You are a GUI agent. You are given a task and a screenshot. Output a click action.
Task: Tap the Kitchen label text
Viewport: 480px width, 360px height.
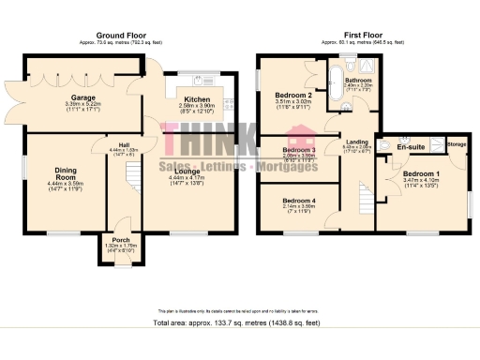pos(197,98)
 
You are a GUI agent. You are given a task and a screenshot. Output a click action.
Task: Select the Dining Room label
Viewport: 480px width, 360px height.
pos(65,173)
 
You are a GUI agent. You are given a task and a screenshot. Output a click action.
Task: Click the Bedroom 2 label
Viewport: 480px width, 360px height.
pos(293,95)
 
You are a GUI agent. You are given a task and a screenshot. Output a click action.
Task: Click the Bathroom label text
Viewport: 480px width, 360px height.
pos(359,80)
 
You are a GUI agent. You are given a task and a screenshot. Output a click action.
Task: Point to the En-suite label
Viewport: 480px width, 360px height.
pos(409,147)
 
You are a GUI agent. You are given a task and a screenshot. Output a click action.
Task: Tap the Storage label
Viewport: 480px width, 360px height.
pos(457,143)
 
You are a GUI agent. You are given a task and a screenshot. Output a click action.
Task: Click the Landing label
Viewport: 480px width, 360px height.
pos(357,142)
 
